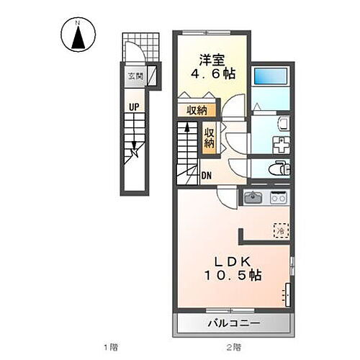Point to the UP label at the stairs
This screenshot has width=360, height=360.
134,107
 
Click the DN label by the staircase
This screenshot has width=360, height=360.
207,175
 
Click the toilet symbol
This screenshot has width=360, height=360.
277,169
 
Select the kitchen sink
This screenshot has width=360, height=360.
253,197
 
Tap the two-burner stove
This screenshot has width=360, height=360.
278,197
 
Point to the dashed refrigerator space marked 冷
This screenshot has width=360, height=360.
280,230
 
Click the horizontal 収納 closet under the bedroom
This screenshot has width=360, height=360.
197,110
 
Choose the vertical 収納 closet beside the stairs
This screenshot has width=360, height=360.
209,138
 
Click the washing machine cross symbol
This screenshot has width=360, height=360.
279,143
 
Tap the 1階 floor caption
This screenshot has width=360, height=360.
109,348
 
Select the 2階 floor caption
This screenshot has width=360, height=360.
233,348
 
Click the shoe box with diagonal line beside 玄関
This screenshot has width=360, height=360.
153,76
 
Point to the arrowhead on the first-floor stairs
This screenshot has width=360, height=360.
134,152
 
